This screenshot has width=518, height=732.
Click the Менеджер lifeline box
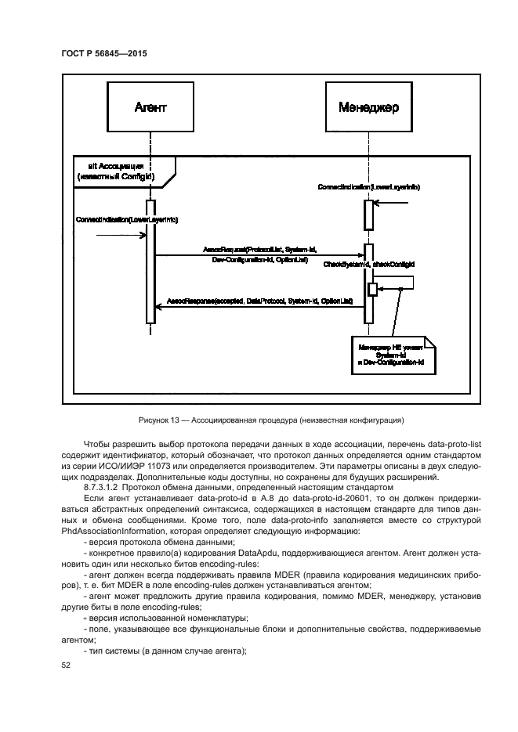coord(368,107)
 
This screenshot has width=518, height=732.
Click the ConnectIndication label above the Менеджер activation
coord(369,189)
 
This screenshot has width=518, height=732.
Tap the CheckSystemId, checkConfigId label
coord(368,265)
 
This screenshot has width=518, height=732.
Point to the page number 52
coord(65,665)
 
